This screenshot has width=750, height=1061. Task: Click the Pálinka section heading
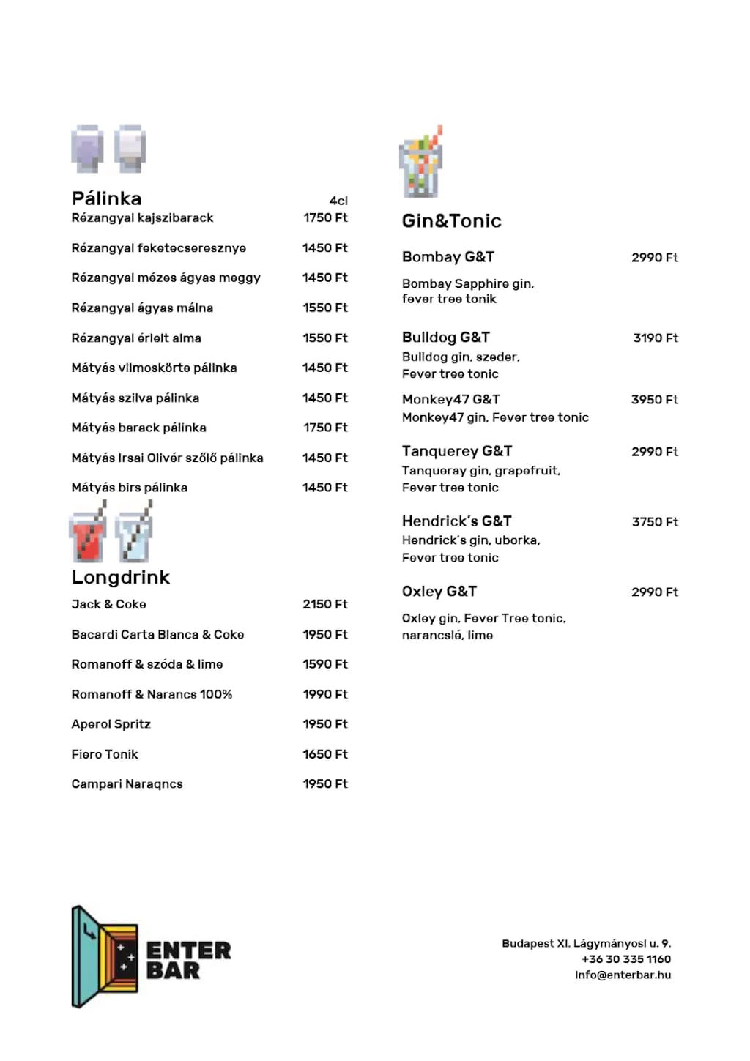[106, 198]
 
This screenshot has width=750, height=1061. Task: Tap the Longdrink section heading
[120, 578]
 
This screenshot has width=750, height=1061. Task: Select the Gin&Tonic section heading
[451, 221]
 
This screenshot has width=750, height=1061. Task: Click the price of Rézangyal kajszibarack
[325, 217]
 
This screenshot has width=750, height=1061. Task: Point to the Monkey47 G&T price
[654, 400]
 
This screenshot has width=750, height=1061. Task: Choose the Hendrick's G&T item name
[456, 521]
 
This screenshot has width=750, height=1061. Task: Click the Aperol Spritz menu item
[111, 724]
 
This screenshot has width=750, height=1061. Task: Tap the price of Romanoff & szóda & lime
[325, 664]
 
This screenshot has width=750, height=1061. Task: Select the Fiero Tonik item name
[105, 754]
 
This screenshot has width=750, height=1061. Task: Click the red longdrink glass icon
[88, 534]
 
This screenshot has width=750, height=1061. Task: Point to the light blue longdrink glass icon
[134, 534]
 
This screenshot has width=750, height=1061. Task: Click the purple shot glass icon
[87, 149]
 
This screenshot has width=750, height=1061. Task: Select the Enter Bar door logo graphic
[104, 957]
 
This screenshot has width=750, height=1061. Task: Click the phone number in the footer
[625, 959]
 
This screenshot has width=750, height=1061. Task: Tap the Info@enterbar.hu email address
[623, 975]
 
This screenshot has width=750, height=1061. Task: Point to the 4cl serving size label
[338, 201]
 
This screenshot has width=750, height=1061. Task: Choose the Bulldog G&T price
[656, 338]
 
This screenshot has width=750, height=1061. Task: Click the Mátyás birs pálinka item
[129, 488]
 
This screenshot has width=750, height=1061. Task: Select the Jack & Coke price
[325, 604]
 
